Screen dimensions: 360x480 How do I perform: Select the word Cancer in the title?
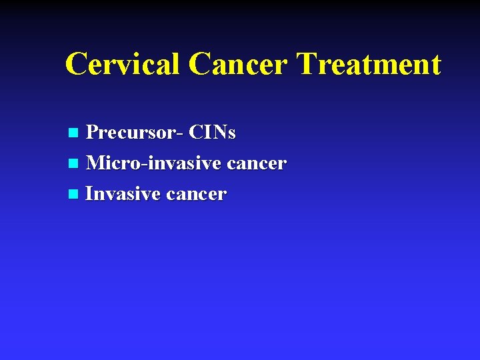pyautogui.click(x=238, y=65)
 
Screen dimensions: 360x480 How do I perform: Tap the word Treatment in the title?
pyautogui.click(x=369, y=65)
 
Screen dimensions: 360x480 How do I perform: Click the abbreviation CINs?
pyautogui.click(x=212, y=133)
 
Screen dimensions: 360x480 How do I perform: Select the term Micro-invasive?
pyautogui.click(x=153, y=163)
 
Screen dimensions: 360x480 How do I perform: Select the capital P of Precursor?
pyautogui.click(x=93, y=133)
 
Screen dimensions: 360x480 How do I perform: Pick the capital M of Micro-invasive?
pyautogui.click(x=96, y=163)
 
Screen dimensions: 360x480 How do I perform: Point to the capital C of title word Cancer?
pyautogui.click(x=200, y=65)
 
